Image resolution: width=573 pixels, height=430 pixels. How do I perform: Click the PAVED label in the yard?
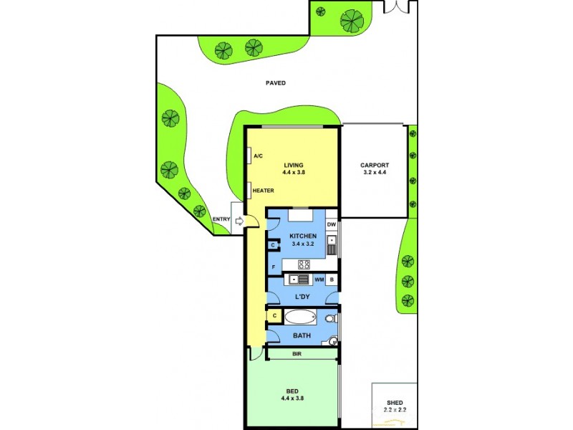click(275, 83)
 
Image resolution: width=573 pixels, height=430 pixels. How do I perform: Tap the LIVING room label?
click(294, 163)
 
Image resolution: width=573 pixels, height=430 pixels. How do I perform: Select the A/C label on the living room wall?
click(259, 156)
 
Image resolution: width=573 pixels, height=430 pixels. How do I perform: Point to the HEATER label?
click(264, 191)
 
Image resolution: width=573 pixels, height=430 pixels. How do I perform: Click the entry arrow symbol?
click(239, 223)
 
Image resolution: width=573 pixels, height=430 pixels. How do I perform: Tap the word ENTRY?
click(221, 219)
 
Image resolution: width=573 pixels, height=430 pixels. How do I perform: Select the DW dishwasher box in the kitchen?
click(332, 225)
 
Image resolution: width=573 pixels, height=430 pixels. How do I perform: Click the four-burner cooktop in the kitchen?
click(304, 264)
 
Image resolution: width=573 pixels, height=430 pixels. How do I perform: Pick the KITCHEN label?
click(302, 236)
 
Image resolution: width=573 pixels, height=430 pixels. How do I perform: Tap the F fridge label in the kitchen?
click(273, 268)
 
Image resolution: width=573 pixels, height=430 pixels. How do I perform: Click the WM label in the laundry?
click(319, 279)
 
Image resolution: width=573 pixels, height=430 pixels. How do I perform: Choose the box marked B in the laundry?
click(332, 279)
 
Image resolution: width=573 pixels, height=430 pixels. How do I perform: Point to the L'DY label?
click(302, 296)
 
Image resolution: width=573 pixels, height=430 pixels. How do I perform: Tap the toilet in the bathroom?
click(330, 317)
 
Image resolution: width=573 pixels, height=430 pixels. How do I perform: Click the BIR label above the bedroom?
click(296, 354)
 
